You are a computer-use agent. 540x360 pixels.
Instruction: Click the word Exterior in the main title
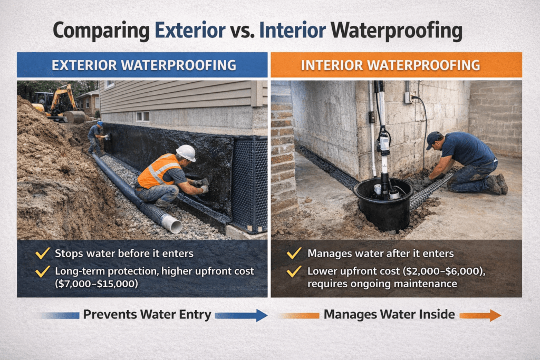(189, 30)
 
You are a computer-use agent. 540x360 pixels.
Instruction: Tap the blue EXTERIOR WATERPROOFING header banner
(142, 65)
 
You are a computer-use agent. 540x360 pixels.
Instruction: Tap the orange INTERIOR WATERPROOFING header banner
(396, 65)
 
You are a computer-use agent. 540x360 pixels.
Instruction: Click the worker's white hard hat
(186, 153)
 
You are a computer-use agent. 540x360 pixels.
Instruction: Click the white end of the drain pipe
(172, 223)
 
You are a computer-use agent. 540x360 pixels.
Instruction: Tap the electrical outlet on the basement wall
(408, 98)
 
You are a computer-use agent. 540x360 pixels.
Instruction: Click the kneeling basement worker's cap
(433, 138)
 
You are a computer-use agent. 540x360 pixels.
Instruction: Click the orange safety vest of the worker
(156, 171)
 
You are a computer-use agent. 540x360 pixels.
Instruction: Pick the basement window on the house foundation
(142, 116)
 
